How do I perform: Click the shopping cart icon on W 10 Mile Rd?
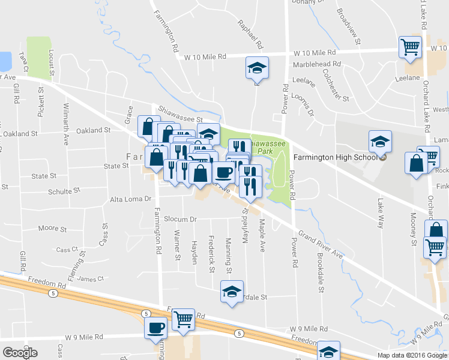410,46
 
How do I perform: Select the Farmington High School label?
335,158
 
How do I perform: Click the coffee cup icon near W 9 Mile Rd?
156,328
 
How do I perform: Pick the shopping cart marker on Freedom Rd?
184,319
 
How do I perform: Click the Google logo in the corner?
20,352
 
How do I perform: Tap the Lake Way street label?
379,214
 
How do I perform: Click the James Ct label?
91,278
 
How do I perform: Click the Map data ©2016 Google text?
412,355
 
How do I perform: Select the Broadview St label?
348,27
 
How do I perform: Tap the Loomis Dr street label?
303,103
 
